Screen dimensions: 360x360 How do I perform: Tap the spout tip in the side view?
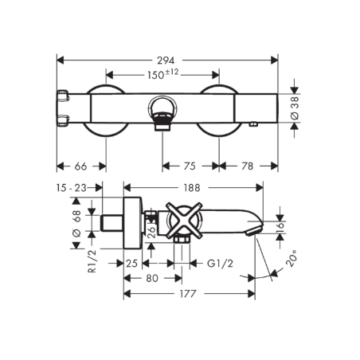pos(256,229)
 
